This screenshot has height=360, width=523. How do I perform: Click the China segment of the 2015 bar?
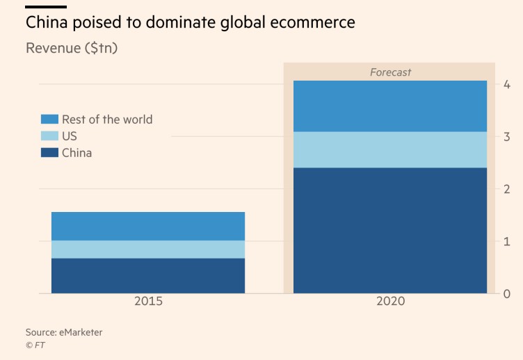pyautogui.click(x=148, y=275)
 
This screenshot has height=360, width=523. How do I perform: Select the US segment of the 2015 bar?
pyautogui.click(x=148, y=249)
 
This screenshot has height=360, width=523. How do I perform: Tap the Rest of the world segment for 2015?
pyautogui.click(x=148, y=226)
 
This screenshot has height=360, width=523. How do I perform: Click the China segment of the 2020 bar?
pyautogui.click(x=390, y=230)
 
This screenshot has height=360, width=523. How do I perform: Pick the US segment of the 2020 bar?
pyautogui.click(x=390, y=149)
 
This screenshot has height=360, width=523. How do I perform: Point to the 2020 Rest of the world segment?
pyautogui.click(x=390, y=106)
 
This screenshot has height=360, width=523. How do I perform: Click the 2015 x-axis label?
pyautogui.click(x=148, y=302)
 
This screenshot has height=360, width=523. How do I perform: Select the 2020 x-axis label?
pyautogui.click(x=389, y=302)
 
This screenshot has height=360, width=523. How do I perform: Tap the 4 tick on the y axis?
pyautogui.click(x=507, y=85)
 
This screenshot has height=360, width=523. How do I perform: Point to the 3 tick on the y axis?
pyautogui.click(x=507, y=137)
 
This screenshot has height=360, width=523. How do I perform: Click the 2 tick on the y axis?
pyautogui.click(x=507, y=189)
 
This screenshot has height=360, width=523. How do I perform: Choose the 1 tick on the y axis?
pyautogui.click(x=507, y=241)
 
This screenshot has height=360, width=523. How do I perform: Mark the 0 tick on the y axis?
pyautogui.click(x=507, y=293)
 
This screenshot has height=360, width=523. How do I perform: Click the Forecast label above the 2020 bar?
pyautogui.click(x=390, y=72)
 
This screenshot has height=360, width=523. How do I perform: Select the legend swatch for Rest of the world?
pyautogui.click(x=49, y=120)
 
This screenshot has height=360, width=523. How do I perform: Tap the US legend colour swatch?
pyautogui.click(x=49, y=136)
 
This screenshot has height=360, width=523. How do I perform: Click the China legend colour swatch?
pyautogui.click(x=49, y=153)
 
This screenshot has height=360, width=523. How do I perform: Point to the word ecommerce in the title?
pyautogui.click(x=312, y=22)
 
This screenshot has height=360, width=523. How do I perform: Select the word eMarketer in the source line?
pyautogui.click(x=79, y=332)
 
